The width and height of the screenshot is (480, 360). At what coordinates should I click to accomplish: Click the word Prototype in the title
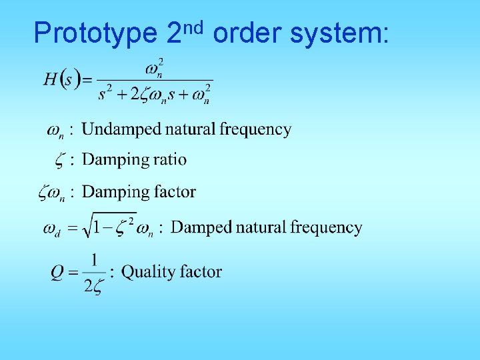coord(94,33)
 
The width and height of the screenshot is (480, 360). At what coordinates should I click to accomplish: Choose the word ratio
coord(171,160)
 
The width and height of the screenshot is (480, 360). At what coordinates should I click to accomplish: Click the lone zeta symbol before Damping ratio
coord(58,161)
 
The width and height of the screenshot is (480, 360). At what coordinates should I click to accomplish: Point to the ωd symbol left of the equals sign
coord(51,229)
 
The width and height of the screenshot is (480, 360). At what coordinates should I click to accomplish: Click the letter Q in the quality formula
coord(58,273)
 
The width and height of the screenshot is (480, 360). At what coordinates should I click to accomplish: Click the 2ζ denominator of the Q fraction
coord(94,286)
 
